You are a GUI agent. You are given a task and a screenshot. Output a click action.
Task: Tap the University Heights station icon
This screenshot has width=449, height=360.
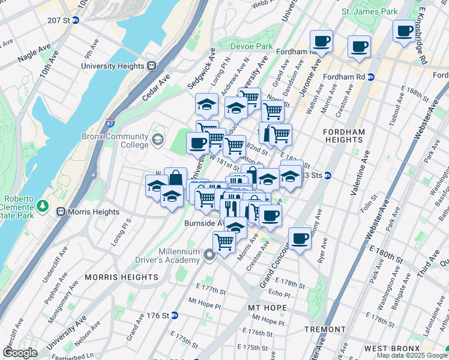(x=152, y=66)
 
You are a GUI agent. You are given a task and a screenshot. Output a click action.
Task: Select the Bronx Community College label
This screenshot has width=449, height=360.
(x=115, y=140)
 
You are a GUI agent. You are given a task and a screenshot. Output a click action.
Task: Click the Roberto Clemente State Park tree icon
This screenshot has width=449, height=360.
(x=43, y=206)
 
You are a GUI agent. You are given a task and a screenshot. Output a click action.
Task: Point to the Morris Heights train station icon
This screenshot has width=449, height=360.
(x=61, y=212)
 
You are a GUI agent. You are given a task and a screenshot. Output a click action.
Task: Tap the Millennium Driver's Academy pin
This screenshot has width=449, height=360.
(x=209, y=256)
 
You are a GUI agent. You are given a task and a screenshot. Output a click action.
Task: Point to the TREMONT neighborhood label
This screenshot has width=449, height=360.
(x=325, y=329)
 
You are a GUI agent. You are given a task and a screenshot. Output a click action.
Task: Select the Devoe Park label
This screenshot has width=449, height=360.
(x=252, y=46)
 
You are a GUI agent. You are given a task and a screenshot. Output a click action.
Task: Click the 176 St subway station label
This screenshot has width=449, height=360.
(x=157, y=315)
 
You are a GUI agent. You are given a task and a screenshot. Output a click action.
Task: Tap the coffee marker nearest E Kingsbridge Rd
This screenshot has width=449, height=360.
(x=404, y=30)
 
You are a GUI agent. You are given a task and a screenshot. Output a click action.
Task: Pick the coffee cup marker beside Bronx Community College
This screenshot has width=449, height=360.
(x=197, y=142)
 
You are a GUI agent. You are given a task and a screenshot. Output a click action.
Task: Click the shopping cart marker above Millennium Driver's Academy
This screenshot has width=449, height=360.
(x=224, y=242)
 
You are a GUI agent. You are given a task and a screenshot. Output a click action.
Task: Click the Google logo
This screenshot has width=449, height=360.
(x=20, y=353)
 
